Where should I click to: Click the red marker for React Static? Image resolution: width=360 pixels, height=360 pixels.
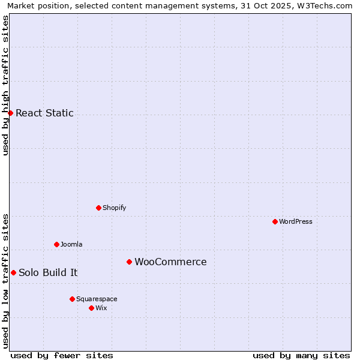click(10, 113)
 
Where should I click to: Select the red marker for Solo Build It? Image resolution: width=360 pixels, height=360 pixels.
click(13, 272)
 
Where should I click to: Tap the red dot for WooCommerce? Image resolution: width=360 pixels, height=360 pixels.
click(129, 262)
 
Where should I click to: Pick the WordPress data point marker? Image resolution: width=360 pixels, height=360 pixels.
click(275, 221)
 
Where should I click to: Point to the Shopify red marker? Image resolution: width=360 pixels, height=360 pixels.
click(98, 208)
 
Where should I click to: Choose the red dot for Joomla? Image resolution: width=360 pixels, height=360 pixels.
click(56, 244)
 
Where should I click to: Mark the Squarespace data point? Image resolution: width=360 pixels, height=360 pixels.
click(72, 299)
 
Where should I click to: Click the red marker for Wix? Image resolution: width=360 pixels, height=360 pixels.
click(91, 308)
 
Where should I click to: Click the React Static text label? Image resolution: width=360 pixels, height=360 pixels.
click(44, 113)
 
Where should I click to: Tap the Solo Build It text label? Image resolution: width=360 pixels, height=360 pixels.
click(48, 272)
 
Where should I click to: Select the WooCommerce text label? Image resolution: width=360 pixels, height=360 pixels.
click(170, 262)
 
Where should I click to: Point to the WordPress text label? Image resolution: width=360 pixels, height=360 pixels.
click(296, 221)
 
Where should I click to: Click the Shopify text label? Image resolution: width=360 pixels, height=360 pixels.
click(114, 208)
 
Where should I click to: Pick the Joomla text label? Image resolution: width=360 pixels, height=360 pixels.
click(71, 244)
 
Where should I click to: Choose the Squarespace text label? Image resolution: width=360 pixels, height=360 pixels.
click(97, 299)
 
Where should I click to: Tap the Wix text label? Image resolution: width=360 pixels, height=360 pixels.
click(101, 308)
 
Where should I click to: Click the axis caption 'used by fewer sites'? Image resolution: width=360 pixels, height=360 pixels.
click(62, 355)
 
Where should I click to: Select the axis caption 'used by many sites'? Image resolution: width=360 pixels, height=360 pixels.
click(301, 355)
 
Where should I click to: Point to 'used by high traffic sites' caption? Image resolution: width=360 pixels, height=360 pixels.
click(5, 85)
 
